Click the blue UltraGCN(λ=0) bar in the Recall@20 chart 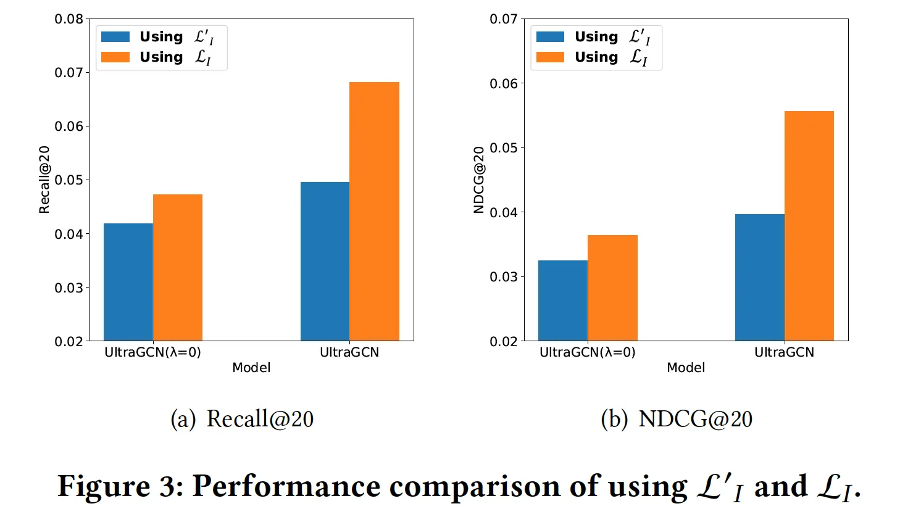(128, 282)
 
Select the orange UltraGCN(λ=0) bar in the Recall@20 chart (178, 268)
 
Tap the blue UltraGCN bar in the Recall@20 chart (325, 261)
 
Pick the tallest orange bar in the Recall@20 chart (374, 211)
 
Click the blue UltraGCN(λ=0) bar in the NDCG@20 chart (563, 300)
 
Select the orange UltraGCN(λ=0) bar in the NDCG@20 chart (612, 288)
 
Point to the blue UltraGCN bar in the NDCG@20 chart (760, 277)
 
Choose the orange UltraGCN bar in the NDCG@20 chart (809, 226)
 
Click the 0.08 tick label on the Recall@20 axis (69, 19)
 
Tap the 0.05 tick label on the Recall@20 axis (69, 180)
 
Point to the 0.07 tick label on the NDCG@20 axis (504, 19)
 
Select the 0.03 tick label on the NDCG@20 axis (504, 276)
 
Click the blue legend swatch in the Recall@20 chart (115, 37)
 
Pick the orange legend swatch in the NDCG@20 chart (550, 57)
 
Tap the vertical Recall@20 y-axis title (44, 180)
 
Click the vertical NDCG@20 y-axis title (478, 180)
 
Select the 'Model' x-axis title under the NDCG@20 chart (686, 368)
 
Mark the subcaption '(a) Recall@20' (242, 419)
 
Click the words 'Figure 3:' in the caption (120, 486)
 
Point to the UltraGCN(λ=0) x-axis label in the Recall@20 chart (152, 352)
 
